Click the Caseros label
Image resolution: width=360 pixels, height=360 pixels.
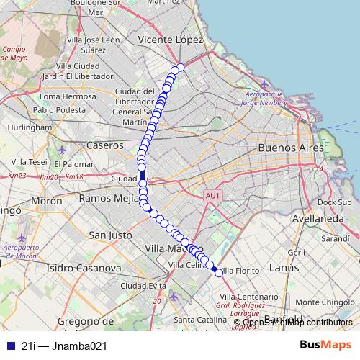click(x=105, y=145)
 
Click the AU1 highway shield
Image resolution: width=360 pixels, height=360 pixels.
click(x=212, y=195)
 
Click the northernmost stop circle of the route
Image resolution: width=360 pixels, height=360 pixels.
click(x=181, y=67)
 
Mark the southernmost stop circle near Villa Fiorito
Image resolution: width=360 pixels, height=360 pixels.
click(x=219, y=273)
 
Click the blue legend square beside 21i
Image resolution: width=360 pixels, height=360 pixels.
click(x=9, y=346)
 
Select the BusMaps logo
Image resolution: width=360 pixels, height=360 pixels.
click(x=325, y=345)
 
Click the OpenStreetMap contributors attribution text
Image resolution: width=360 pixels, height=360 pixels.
click(x=297, y=322)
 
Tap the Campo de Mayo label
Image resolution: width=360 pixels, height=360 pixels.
click(x=14, y=54)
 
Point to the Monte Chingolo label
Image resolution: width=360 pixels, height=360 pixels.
click(x=322, y=302)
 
